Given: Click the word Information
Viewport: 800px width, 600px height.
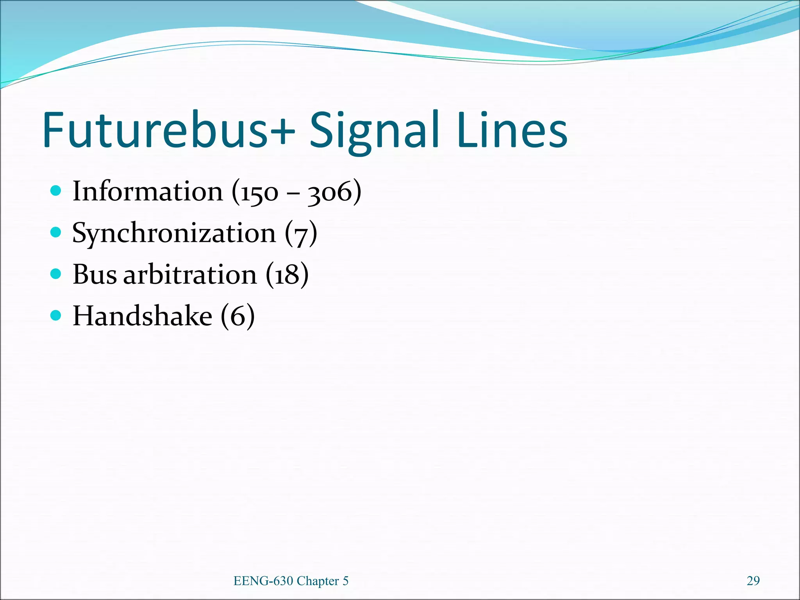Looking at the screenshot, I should pyautogui.click(x=148, y=191).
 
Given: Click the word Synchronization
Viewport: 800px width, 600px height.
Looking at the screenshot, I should pyautogui.click(x=174, y=234).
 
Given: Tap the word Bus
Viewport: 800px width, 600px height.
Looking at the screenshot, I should pyautogui.click(x=95, y=274).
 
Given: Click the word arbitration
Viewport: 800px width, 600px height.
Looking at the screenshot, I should pyautogui.click(x=190, y=274).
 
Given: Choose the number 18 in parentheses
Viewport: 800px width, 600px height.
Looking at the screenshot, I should pyautogui.click(x=287, y=275).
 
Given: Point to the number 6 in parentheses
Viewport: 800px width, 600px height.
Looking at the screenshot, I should pyautogui.click(x=237, y=316).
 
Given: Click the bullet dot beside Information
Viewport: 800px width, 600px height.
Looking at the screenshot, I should pyautogui.click(x=56, y=191).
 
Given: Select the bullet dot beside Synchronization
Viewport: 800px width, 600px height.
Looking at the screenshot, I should pyautogui.click(x=56, y=232).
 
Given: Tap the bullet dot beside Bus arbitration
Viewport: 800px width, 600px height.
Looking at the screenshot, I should pyautogui.click(x=56, y=274).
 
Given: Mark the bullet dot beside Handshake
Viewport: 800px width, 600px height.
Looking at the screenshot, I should pyautogui.click(x=56, y=315).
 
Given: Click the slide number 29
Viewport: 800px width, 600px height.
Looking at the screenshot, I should pyautogui.click(x=753, y=581).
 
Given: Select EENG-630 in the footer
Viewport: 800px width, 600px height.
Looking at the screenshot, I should pyautogui.click(x=263, y=581).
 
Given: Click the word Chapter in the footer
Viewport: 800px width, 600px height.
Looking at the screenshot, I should pyautogui.click(x=318, y=581).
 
